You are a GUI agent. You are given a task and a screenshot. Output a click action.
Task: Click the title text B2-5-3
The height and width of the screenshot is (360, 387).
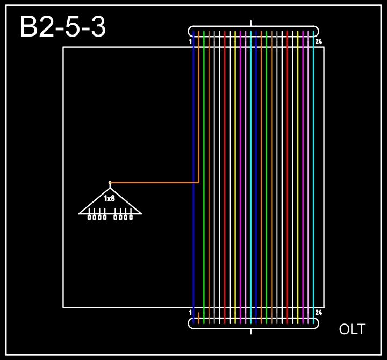click(63, 27)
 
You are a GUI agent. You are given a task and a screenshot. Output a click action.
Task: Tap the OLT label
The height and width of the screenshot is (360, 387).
click(352, 329)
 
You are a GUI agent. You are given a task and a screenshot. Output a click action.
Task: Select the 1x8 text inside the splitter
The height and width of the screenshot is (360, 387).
click(110, 199)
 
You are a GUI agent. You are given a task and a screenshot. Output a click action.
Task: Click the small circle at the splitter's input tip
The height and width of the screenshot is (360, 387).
click(110, 183)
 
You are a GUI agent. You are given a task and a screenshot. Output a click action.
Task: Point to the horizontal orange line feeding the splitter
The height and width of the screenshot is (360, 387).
click(156, 183)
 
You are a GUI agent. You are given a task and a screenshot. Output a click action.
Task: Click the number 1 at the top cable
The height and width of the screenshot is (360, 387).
click(191, 41)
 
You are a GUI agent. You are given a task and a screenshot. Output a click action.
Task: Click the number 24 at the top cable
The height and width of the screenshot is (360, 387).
click(318, 41)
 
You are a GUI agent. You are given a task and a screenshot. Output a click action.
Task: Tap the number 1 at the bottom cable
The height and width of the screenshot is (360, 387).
click(191, 312)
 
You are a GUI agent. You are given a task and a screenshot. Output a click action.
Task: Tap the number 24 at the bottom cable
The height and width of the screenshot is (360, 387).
click(318, 312)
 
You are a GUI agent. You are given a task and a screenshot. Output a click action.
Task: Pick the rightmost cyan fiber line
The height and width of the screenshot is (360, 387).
click(313, 161)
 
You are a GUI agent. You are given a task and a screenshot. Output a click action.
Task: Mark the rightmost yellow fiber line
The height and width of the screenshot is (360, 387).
click(298, 161)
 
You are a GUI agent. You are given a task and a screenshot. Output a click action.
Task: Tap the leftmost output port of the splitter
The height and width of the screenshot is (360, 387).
click(89, 217)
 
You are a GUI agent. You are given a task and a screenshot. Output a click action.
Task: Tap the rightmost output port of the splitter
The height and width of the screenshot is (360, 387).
click(131, 217)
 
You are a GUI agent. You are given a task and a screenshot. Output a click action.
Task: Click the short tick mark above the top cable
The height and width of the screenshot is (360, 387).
click(251, 23)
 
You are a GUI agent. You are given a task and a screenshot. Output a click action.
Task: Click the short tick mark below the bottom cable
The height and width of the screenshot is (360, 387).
click(251, 331)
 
